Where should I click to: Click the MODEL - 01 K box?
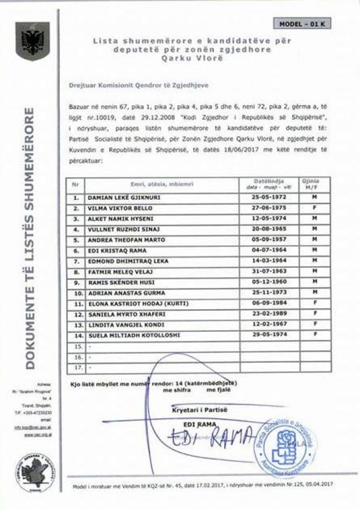pos(304,24)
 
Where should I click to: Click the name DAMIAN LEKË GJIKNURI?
pos(124,198)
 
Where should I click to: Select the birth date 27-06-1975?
pos(268,208)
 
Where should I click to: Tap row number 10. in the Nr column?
pos(75,293)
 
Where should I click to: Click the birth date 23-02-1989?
pos(268,314)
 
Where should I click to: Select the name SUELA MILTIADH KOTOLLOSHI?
pos(134,335)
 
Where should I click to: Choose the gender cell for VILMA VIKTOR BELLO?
pos(314,208)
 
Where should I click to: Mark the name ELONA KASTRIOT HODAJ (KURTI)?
pos(133,303)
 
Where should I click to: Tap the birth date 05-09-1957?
pos(268,240)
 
